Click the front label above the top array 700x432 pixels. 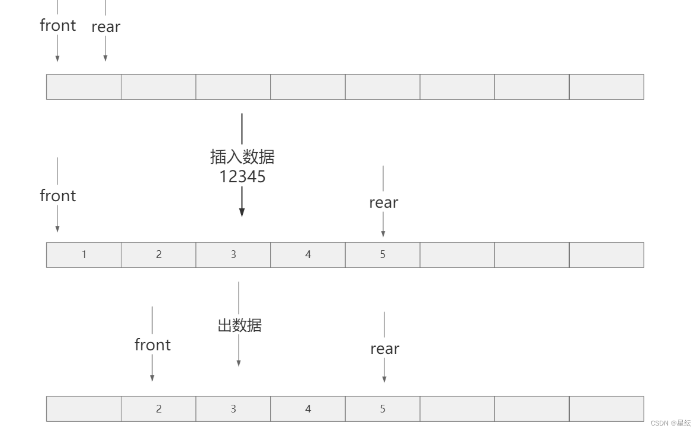tap(57, 25)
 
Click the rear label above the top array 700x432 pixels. tap(106, 27)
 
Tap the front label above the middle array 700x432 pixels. tap(57, 196)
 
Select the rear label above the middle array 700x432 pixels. tap(383, 202)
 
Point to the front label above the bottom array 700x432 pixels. tap(152, 345)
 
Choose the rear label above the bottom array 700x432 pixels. tap(384, 349)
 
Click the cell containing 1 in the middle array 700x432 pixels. tap(84, 254)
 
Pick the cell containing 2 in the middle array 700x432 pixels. tap(159, 254)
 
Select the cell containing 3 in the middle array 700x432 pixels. tap(233, 254)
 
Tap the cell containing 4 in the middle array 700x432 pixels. tap(308, 254)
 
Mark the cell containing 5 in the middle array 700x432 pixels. tap(383, 254)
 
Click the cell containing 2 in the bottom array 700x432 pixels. tap(159, 409)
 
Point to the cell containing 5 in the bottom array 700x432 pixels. tap(383, 409)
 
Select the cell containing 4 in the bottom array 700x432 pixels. tap(308, 409)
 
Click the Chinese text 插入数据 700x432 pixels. tap(242, 157)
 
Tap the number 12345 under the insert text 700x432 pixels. tap(242, 176)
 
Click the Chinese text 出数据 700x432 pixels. tap(239, 325)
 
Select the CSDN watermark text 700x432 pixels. tap(670, 423)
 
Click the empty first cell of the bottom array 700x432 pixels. tap(84, 409)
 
